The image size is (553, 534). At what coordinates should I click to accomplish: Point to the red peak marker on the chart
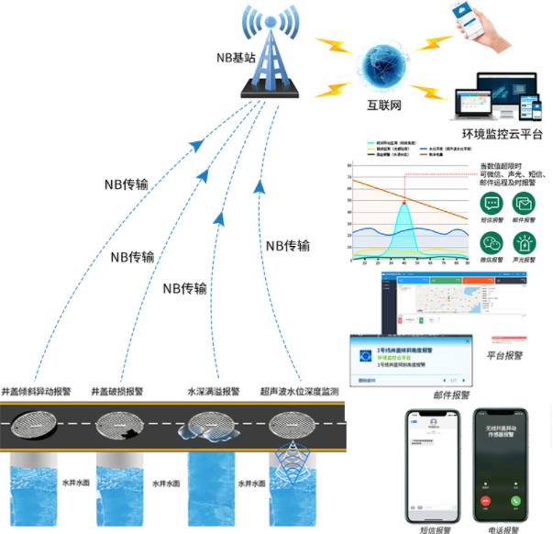coord(403,200)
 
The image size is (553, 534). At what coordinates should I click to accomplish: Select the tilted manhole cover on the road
coord(39,424)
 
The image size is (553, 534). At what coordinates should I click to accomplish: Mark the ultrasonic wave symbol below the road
coord(293,453)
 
